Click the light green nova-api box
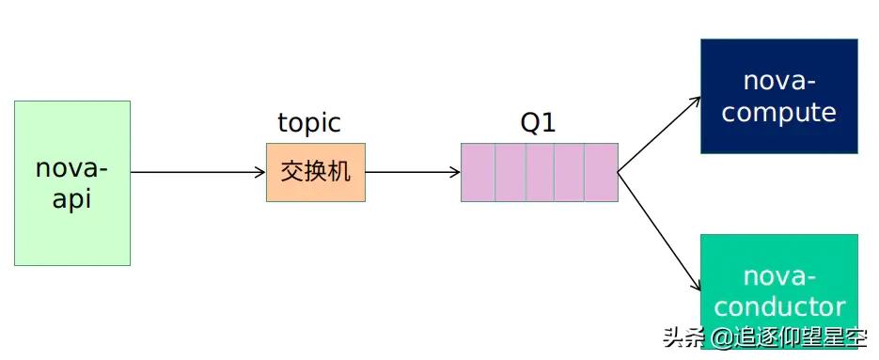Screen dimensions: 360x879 pos(72,183)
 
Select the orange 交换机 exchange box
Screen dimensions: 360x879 pos(315,172)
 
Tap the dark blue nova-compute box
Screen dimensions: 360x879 pos(779,96)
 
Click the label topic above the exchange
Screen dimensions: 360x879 pos(309,123)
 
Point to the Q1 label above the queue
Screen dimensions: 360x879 pos(539,123)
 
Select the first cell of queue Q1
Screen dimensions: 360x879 pos(478,172)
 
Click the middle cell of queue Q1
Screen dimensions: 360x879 pos(540,172)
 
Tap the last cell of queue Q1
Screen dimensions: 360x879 pos(602,172)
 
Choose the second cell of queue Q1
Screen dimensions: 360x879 pos(510,172)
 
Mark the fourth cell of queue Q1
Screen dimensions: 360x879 pos(571,172)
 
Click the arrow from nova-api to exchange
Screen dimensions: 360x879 pos(197,172)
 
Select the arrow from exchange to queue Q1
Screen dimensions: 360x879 pos(412,172)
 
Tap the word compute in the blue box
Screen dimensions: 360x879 pos(779,113)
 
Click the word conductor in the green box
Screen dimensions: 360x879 pos(779,306)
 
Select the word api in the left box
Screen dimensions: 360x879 pos(72,199)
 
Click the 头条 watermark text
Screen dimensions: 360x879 pos(683,337)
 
